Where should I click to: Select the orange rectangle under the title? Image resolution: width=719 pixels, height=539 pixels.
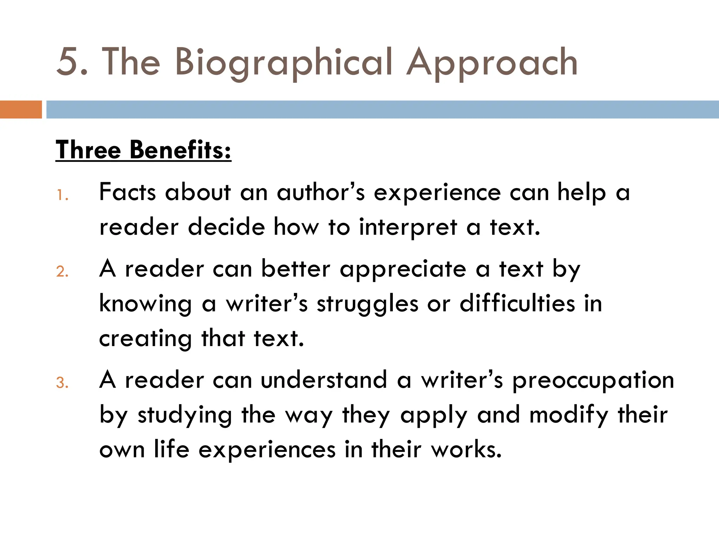(21, 109)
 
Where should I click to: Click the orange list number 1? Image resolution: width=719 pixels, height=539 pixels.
(62, 195)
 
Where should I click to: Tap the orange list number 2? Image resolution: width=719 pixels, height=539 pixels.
(62, 272)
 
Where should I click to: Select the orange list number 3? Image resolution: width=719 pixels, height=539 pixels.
(62, 383)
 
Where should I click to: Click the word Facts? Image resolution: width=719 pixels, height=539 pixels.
(127, 192)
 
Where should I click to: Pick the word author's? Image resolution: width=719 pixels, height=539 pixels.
(321, 192)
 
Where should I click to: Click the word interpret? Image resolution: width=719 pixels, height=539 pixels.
(408, 227)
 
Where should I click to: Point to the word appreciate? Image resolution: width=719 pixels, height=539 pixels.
(403, 269)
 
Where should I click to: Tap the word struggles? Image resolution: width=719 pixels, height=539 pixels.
(368, 304)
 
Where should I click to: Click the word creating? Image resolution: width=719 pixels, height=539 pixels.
(145, 339)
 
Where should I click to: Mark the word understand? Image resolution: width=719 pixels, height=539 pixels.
(324, 380)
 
